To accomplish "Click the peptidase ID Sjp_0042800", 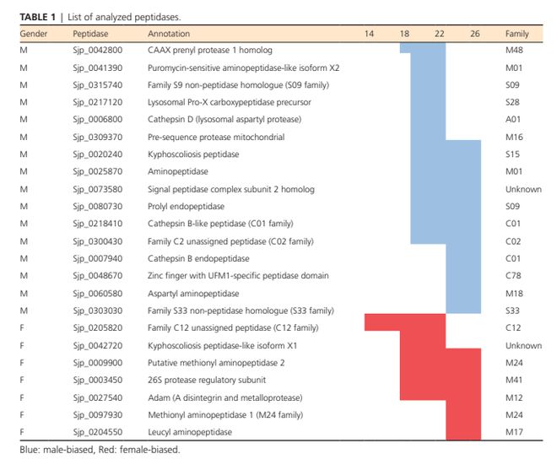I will (96, 51).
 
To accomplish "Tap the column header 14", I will (369, 33).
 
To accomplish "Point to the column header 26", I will (475, 33).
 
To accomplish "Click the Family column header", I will (517, 33).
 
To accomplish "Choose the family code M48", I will (515, 51).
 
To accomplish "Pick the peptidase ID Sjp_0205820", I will (96, 327).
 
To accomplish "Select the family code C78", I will (513, 275).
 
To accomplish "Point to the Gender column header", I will (33, 33).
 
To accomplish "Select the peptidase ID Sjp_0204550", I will (96, 431).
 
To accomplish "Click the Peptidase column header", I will (91, 33).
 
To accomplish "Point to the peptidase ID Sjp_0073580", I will (96, 189).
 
